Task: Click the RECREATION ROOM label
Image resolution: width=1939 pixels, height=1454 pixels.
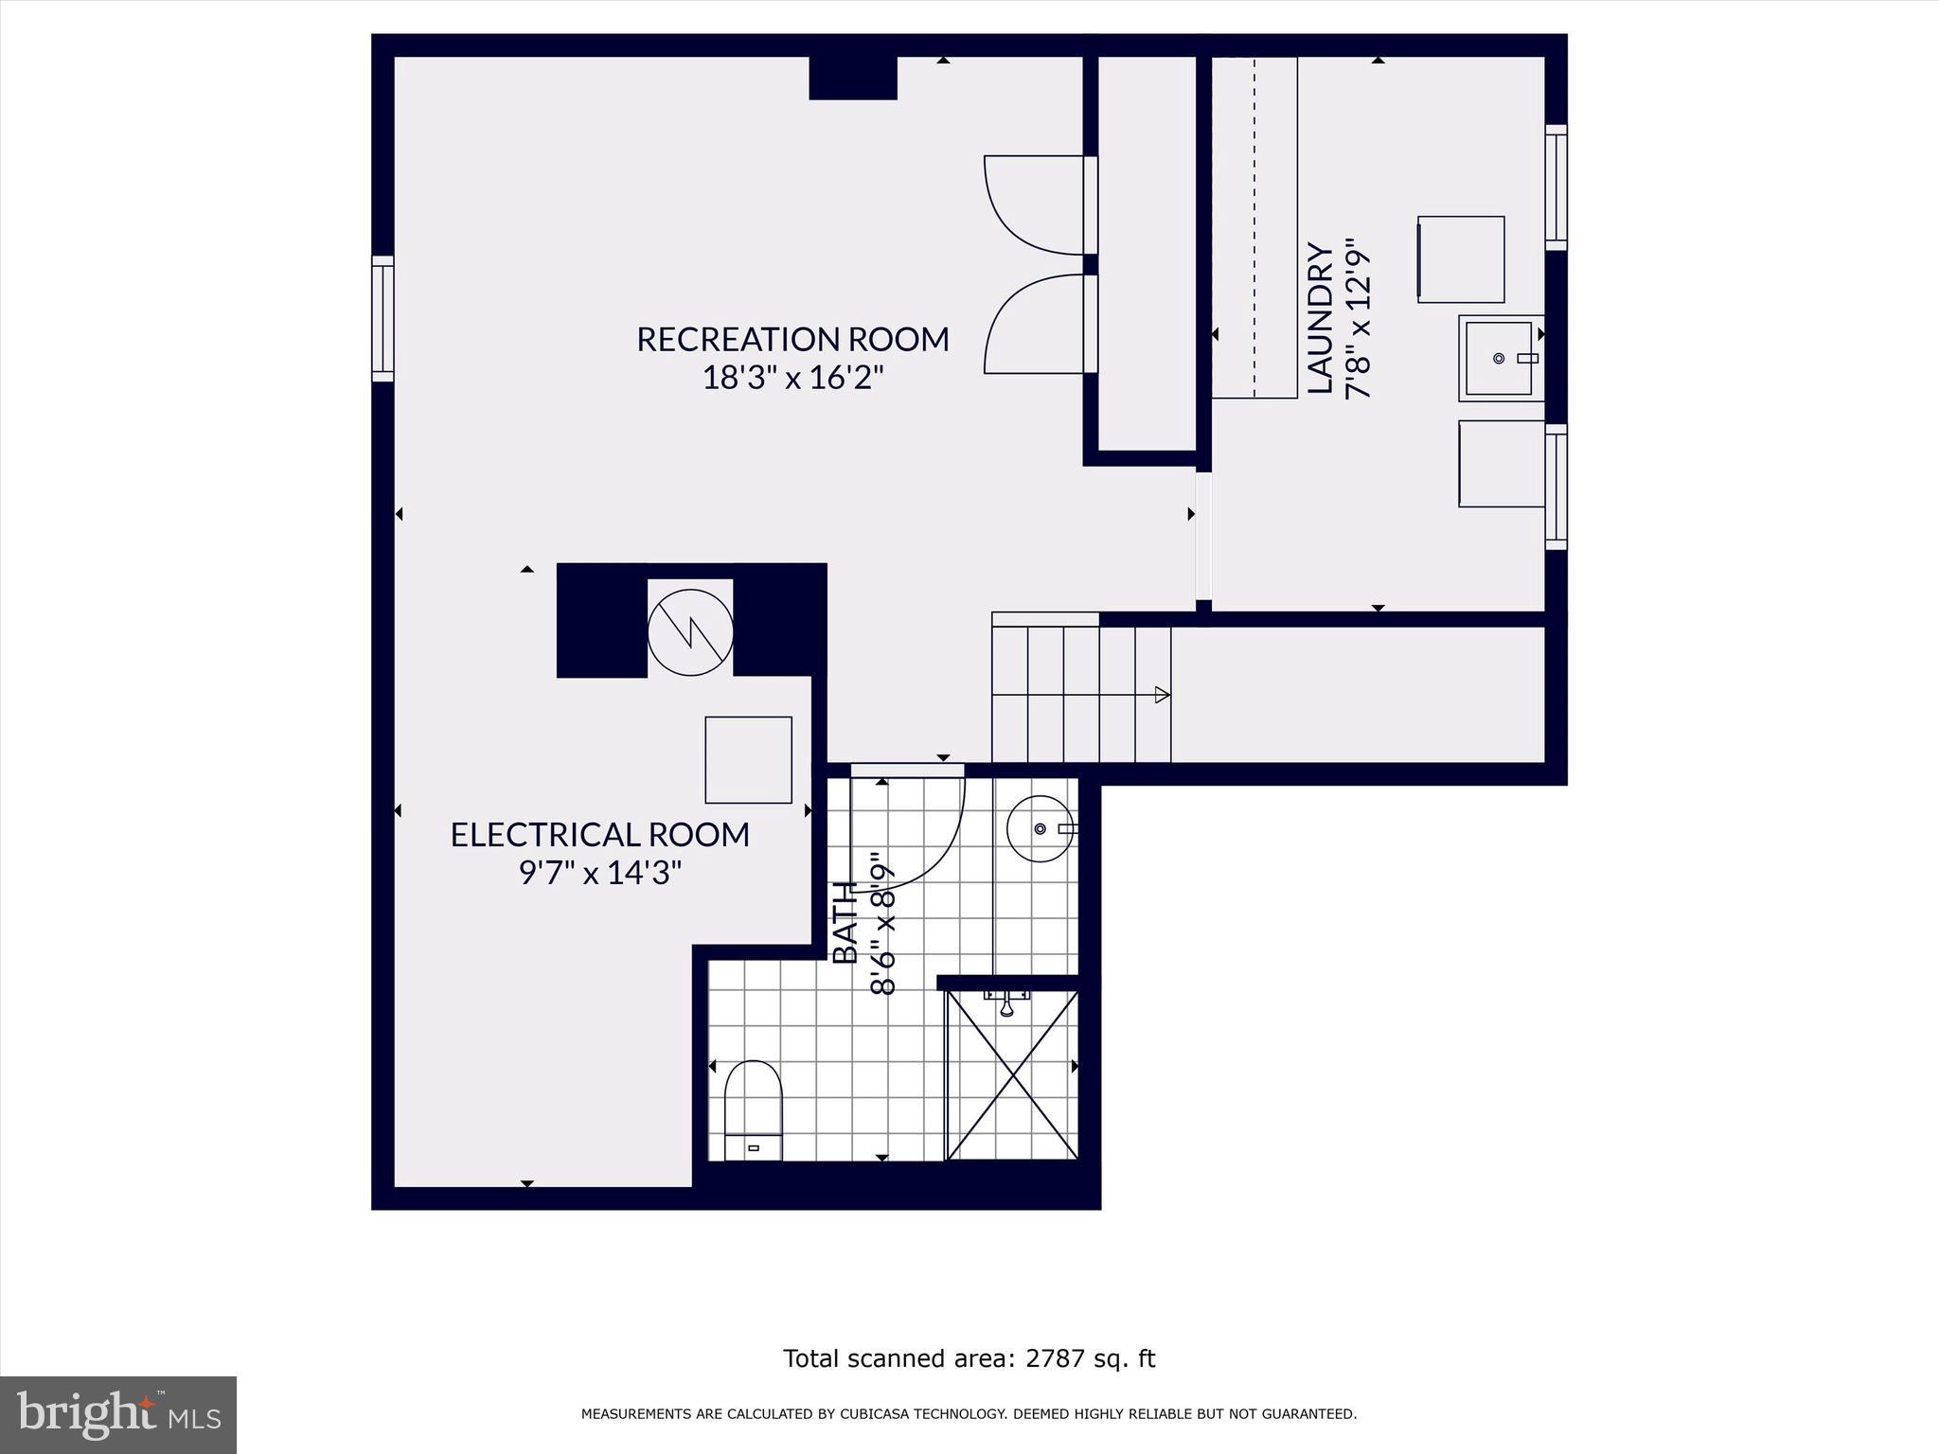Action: point(792,339)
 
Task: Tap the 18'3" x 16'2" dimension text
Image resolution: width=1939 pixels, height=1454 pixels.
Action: point(792,379)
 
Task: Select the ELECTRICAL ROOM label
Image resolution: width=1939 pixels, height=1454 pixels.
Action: point(599,835)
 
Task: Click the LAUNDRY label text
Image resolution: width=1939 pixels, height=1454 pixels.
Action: point(1320,318)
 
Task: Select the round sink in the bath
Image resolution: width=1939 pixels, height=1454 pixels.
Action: point(1041,828)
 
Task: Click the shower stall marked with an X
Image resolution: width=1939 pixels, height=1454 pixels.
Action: point(1012,1075)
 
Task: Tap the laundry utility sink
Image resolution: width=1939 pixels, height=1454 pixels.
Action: point(1499,359)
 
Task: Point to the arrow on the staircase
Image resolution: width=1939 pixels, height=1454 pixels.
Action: point(1161,695)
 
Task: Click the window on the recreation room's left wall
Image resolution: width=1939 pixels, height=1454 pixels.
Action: point(382,318)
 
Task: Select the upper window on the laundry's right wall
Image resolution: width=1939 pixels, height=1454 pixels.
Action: point(1556,187)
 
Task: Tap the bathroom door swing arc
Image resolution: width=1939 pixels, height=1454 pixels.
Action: point(914,833)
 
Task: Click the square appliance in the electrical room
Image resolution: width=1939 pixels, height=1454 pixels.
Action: point(748,760)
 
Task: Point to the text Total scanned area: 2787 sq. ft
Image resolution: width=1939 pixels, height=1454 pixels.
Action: point(969,1358)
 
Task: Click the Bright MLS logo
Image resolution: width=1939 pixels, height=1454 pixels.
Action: point(118,1414)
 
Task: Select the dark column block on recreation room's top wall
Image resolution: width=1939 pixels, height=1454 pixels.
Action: point(852,78)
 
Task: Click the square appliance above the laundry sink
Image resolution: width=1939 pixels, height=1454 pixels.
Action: point(1461,259)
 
